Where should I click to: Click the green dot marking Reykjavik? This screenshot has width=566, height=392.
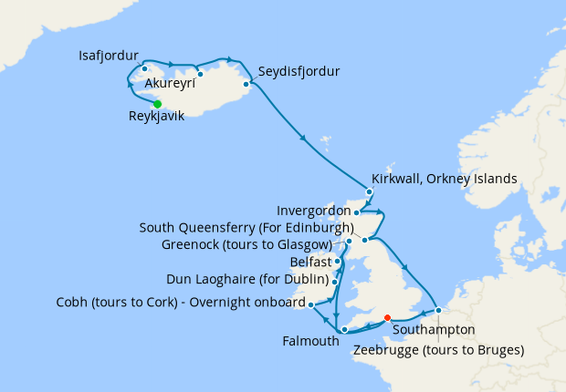tap(157, 104)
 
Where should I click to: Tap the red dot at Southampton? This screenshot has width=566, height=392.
tap(388, 318)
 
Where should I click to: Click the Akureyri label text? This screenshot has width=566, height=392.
tap(196, 89)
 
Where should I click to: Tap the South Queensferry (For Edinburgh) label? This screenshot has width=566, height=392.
tap(246, 228)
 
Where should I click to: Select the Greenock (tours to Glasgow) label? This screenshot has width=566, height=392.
tap(246, 244)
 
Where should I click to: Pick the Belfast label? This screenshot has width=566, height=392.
tap(309, 262)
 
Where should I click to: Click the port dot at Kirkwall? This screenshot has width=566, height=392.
tap(369, 192)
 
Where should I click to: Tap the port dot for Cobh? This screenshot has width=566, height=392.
tap(311, 304)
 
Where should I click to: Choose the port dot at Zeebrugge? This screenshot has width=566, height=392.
tap(438, 310)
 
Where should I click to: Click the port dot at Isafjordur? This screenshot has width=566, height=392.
tap(144, 68)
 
